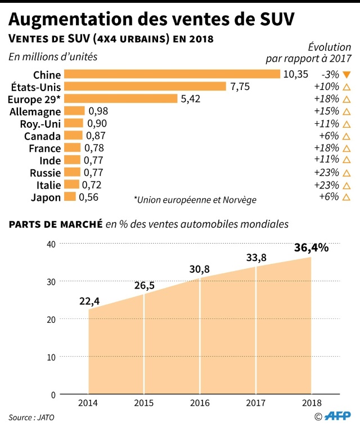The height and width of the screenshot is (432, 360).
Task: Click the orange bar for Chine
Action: point(172,74)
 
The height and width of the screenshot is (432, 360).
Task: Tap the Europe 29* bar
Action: point(120,99)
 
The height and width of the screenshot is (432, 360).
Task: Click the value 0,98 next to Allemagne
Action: point(98,111)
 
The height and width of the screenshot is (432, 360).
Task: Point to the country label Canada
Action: point(42,136)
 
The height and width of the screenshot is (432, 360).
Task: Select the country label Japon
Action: point(47,197)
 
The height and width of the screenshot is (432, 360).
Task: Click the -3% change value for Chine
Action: point(330,74)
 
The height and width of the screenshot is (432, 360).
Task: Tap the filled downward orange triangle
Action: point(346,74)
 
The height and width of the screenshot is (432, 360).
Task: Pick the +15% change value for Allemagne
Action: point(327,111)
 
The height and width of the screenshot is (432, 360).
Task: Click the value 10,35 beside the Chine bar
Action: point(297,74)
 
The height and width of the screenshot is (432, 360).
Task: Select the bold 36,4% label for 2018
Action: point(310,247)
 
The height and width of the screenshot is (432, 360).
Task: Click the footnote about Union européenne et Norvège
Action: point(195,200)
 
